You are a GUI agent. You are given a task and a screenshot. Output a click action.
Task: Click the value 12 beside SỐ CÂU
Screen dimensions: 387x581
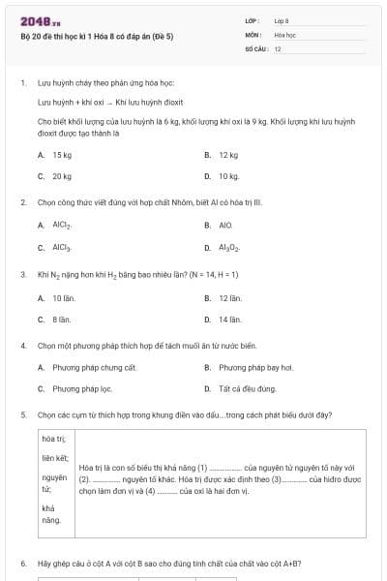(x=278, y=47)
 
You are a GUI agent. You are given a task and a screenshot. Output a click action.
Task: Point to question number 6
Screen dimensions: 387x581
(x=23, y=563)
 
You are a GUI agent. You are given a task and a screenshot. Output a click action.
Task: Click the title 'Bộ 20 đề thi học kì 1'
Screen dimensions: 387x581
(x=97, y=36)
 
